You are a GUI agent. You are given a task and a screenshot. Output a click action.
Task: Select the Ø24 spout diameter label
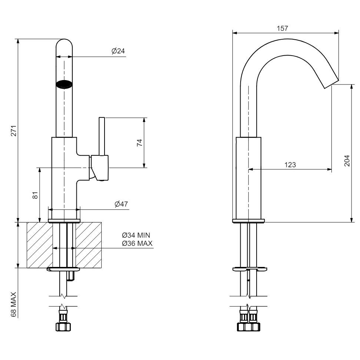coord(118,51)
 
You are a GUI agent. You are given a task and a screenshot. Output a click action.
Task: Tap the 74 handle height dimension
coord(139,143)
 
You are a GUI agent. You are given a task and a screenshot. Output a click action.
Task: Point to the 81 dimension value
coord(35,195)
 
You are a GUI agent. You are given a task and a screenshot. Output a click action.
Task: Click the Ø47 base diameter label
coord(121,204)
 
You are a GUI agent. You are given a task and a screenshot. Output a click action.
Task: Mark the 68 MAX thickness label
coord(14,304)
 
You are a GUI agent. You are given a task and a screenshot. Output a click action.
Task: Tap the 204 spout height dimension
coord(347,161)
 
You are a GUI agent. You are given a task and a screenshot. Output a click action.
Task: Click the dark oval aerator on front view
coord(64,84)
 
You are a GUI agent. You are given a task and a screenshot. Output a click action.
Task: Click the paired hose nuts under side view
coord(248,326)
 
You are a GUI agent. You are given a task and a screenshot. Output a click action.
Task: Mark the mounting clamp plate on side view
coord(248,269)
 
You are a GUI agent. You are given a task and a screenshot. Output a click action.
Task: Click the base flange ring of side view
coord(248,221)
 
